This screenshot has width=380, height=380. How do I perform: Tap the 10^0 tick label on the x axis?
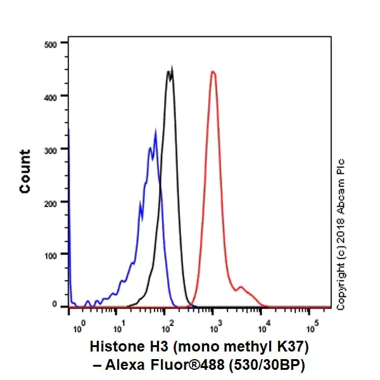79,327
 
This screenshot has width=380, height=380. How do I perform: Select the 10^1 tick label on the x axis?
118,327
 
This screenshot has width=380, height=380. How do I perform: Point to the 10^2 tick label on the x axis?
167,327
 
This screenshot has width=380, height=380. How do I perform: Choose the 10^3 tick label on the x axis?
215,327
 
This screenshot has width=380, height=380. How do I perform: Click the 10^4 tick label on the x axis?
264,327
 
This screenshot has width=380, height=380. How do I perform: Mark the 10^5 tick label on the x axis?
312,327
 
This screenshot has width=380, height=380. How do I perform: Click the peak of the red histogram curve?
213,72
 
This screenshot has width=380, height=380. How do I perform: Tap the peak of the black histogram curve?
170,71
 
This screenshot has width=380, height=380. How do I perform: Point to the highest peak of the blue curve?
156,131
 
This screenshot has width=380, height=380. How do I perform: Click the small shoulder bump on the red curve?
240,288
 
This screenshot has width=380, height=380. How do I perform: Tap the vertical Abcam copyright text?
341,234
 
